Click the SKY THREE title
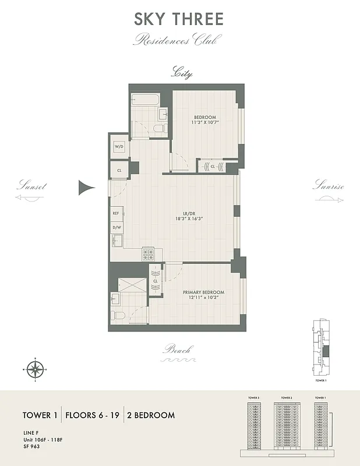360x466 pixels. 179,19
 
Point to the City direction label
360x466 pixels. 181,73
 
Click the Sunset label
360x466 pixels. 31,187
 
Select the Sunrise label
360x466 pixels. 328,187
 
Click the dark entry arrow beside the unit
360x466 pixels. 86,187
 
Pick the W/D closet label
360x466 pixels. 119,146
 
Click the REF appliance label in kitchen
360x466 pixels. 116,214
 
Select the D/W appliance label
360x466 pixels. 116,227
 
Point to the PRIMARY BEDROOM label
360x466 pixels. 200,292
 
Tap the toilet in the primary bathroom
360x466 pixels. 120,316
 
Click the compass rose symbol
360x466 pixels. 36,368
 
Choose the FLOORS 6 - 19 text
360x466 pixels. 92,415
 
